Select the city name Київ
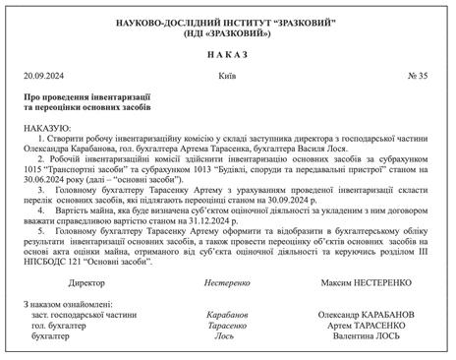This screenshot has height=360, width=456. [x=227, y=75]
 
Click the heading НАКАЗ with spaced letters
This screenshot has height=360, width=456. [x=228, y=53]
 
